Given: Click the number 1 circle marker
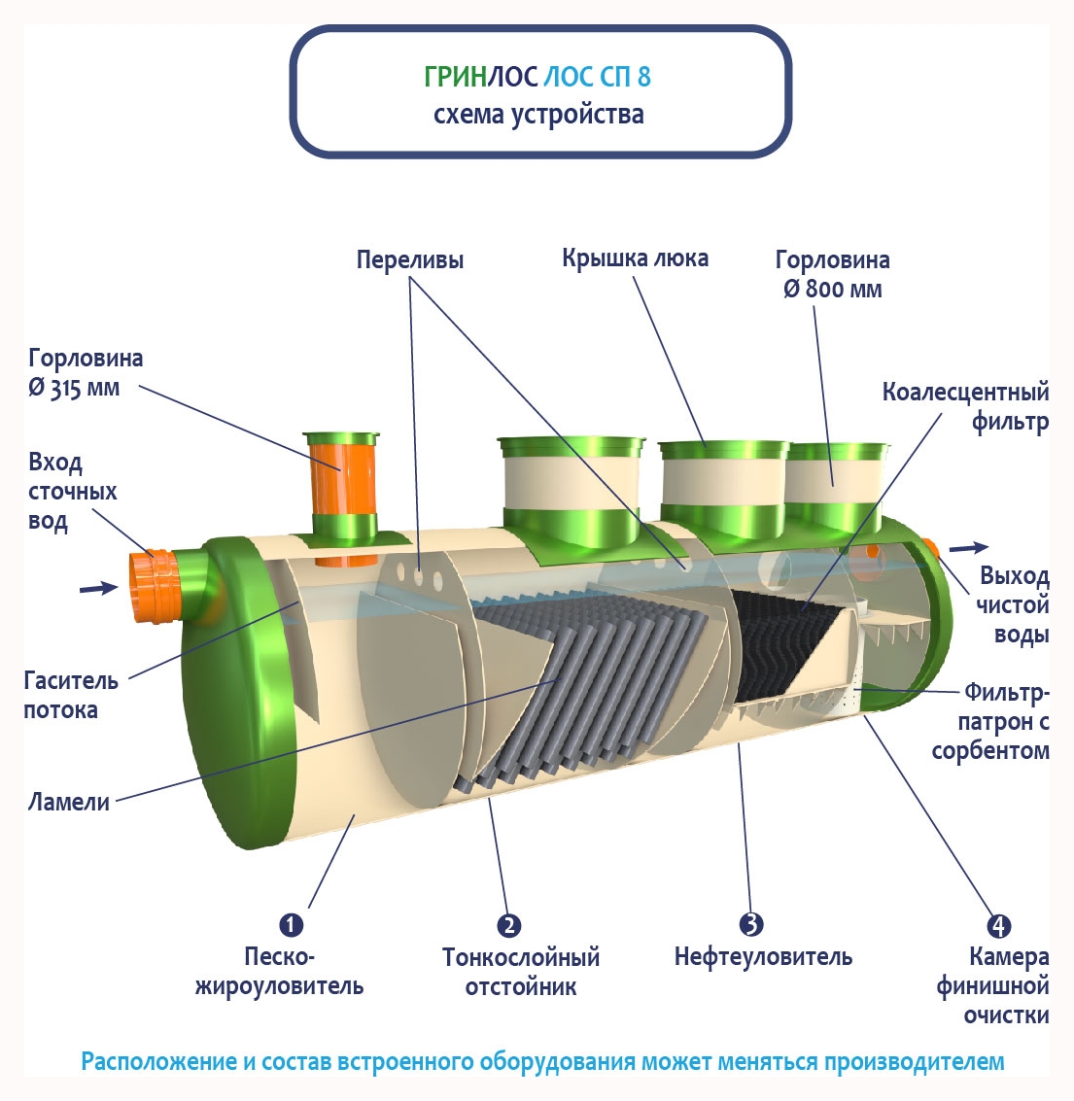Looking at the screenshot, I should pos(291,924).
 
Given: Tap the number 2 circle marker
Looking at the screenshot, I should pos(508,925).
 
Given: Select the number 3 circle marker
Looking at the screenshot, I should pos(750,924).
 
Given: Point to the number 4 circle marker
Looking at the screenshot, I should pos(998,926).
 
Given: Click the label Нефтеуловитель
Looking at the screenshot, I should pos(763,957).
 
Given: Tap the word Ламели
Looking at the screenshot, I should pos(68,803).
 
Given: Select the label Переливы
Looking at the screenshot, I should pos(409,260).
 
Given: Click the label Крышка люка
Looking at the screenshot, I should pos(635,258).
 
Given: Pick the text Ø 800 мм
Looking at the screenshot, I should pos(833,290).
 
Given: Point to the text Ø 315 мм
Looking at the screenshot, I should pos(74,388).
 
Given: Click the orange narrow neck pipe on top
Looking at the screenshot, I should pos(340,476).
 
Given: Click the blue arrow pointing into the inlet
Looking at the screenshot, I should pos(97,588).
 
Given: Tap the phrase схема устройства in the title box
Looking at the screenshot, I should pos(538,115).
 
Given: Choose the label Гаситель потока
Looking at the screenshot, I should pos(71,695).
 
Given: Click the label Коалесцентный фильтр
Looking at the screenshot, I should pos(965,406).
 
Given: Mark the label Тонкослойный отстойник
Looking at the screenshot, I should pos(520,972).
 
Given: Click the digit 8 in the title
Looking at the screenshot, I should pos(644,77).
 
